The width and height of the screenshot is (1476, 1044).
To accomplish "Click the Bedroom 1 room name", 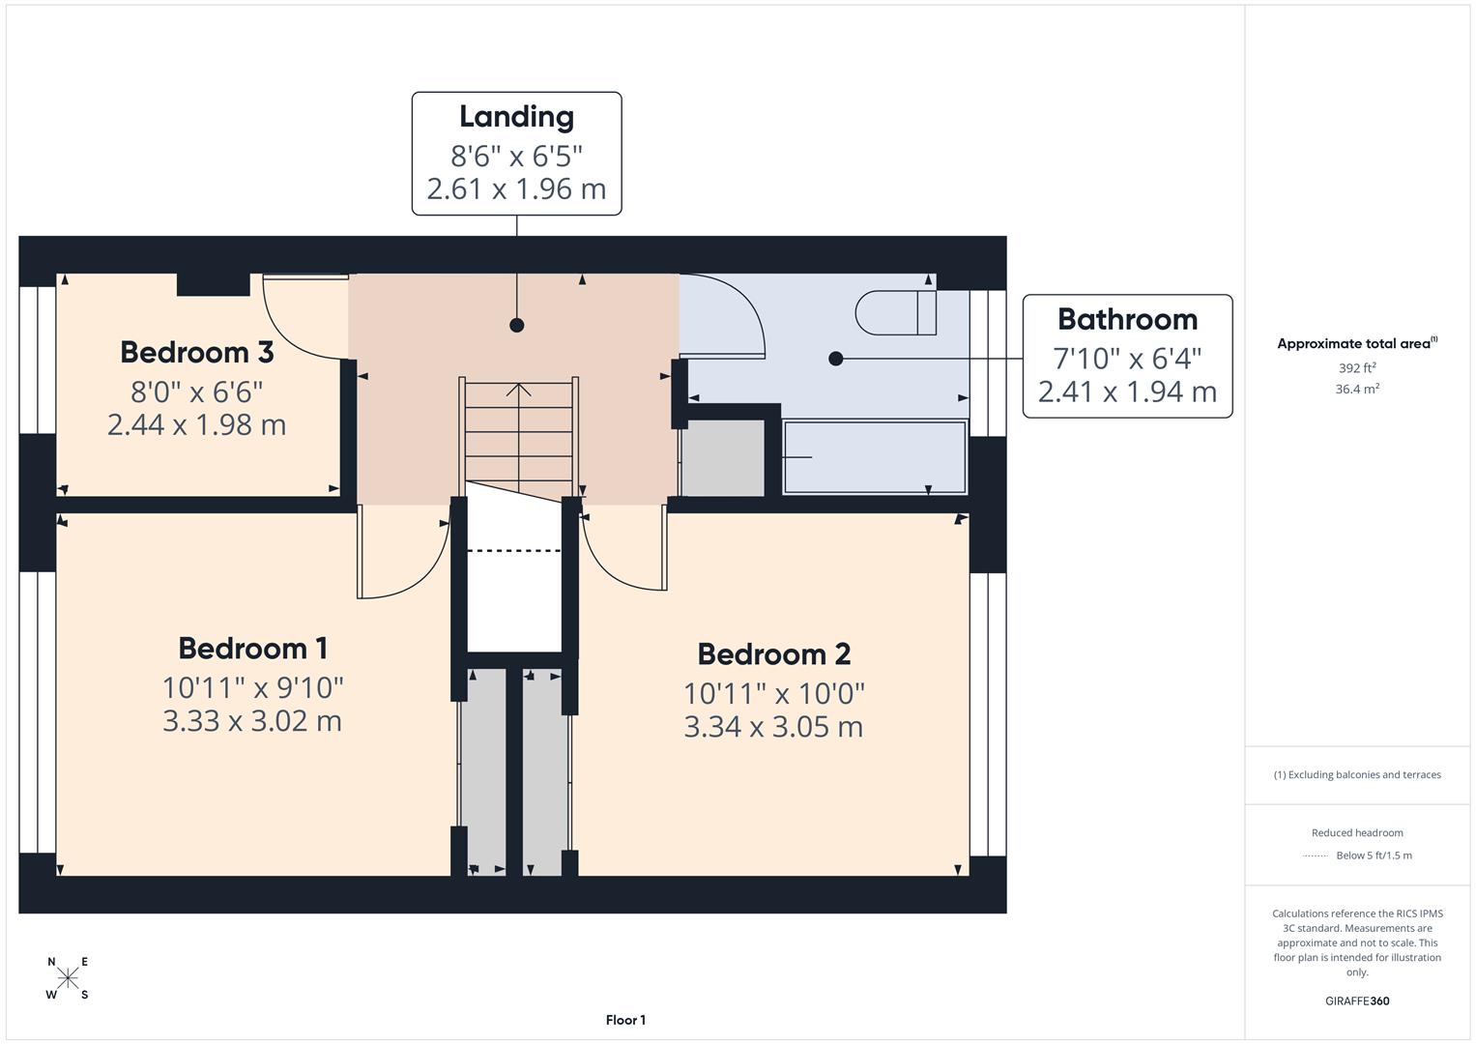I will click(252, 648).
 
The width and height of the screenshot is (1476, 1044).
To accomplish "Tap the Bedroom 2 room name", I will click(773, 654).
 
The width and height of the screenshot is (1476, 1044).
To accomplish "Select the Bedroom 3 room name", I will click(196, 352).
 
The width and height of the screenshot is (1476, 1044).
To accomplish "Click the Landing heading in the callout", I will click(516, 116).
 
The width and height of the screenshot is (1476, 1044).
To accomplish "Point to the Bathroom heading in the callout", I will click(1127, 319).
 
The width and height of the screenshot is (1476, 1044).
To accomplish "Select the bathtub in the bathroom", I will click(874, 457).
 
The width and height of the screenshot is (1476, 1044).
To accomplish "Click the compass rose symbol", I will click(68, 977).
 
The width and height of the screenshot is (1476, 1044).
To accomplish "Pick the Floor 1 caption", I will click(625, 1020).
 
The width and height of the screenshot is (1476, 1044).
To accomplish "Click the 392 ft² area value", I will click(1357, 368).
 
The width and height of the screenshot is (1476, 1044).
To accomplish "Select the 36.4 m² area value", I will click(1357, 389).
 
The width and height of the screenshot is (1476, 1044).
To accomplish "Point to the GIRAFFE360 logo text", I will click(1357, 1000).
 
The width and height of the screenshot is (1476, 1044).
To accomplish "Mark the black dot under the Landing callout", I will click(517, 325).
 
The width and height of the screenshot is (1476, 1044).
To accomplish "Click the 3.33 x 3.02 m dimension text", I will click(252, 721).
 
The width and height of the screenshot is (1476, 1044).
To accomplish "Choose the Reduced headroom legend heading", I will click(1357, 832).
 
